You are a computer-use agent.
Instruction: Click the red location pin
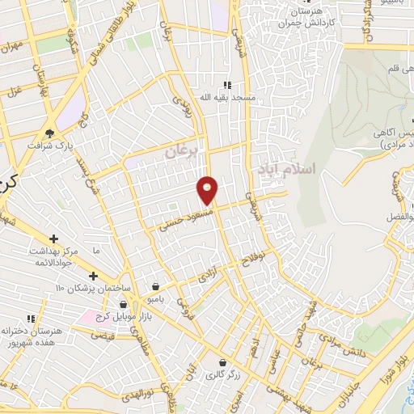pos(208,189)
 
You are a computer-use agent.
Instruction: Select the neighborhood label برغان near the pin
pos(182,151)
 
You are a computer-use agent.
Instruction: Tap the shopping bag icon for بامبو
pos(156,286)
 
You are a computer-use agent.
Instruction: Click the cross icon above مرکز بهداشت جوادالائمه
pos(53,239)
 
